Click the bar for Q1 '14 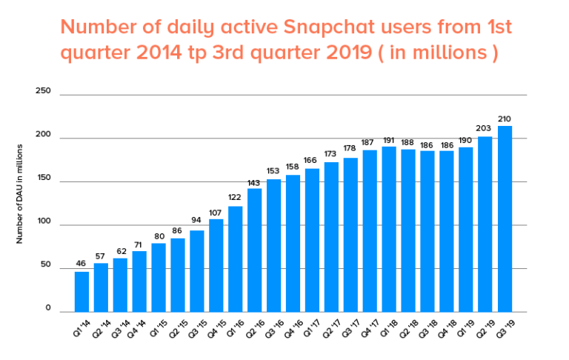(81, 292)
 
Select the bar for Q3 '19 (505, 219)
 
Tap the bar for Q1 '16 (236, 259)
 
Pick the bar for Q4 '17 (370, 230)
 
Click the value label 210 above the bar (505, 119)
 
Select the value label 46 (81, 264)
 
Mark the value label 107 (216, 212)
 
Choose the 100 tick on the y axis (43, 222)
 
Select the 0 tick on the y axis (47, 309)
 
